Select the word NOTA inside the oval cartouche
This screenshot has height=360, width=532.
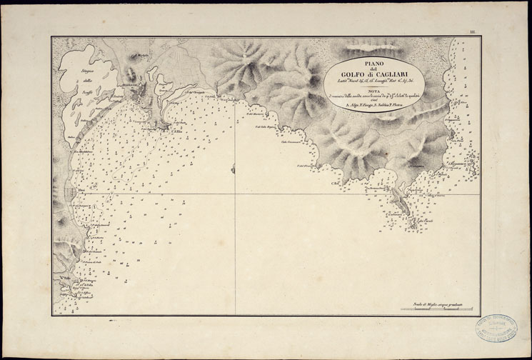(374, 91)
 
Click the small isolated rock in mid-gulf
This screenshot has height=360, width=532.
(233, 169)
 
